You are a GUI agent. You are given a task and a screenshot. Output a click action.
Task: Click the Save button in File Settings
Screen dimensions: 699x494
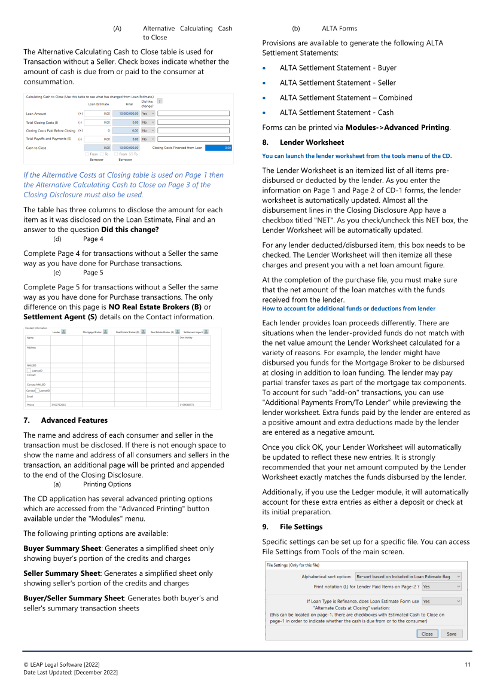coord(451,634)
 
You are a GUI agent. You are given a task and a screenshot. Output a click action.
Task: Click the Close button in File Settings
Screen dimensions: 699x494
coord(427,634)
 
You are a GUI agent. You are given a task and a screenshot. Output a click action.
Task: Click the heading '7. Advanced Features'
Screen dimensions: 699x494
coord(66,420)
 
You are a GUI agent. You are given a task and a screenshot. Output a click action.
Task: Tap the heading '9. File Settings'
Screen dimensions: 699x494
coord(292,527)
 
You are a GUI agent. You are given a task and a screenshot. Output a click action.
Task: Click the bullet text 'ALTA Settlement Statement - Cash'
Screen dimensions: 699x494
coord(337,112)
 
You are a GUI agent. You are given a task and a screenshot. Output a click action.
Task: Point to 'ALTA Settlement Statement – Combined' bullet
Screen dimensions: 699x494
coord(346,97)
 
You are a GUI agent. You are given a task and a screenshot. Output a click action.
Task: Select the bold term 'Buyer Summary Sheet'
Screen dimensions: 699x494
coord(58,548)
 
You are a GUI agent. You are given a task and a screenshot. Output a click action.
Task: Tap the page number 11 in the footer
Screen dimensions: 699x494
coord(468,664)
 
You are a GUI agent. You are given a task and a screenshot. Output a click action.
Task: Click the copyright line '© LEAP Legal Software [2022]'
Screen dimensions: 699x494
coord(61,664)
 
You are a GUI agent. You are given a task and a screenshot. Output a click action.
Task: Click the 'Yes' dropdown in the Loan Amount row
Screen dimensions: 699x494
coord(148,113)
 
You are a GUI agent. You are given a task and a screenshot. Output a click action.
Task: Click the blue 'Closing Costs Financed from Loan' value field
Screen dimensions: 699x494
coord(218,147)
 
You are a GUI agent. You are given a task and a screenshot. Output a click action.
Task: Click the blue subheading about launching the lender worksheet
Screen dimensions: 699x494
coord(356,156)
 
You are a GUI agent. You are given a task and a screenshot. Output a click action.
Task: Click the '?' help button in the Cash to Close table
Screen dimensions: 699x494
coord(159,101)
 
